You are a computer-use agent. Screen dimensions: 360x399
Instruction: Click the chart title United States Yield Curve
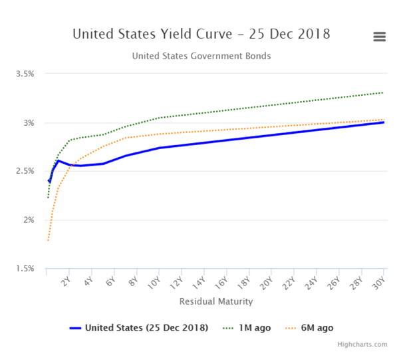click(x=201, y=34)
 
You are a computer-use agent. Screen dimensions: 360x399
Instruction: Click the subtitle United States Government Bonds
click(x=201, y=56)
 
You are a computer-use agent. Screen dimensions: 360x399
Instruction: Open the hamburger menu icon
click(x=380, y=37)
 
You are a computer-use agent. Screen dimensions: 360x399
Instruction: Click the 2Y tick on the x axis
click(x=66, y=282)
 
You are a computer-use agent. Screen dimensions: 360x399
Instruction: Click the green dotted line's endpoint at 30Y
click(x=384, y=92)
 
